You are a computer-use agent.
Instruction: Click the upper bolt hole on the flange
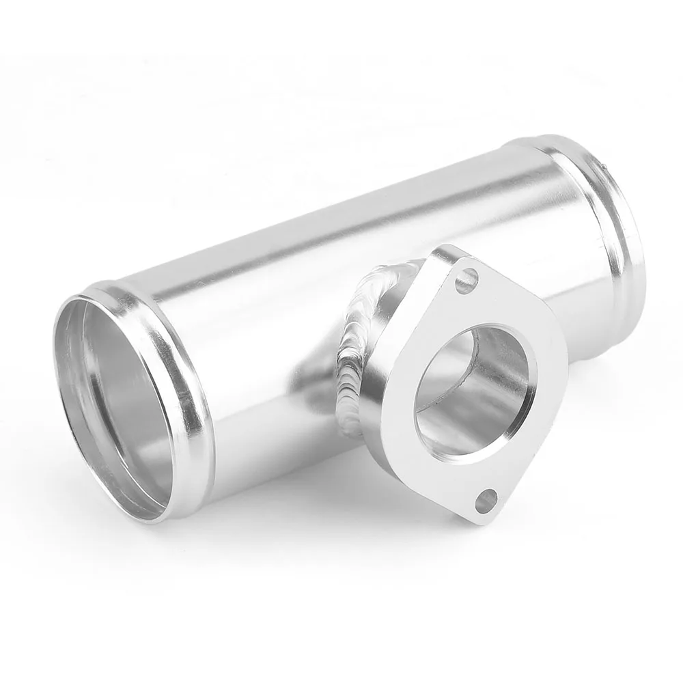coord(466,281)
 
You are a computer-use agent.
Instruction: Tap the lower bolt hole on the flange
coord(486,501)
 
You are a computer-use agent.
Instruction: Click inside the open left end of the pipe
coord(109,403)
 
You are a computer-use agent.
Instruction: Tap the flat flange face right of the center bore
coord(546,382)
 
